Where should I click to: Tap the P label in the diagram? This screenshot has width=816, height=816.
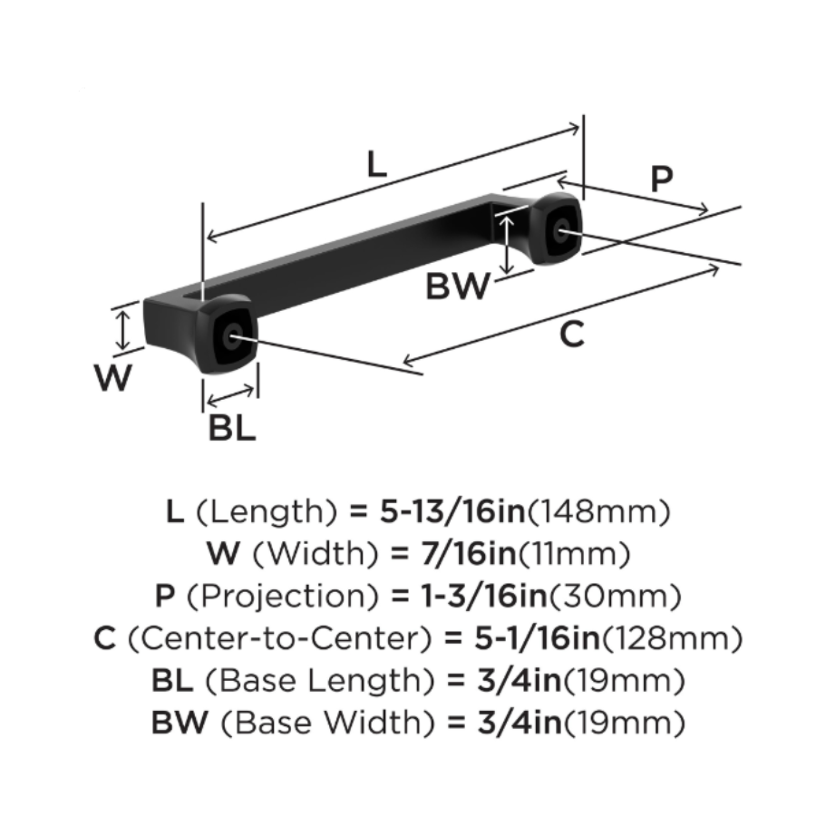tap(662, 179)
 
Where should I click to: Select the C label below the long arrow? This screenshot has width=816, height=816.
tap(571, 335)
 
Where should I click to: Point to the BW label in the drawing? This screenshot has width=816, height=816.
tap(458, 288)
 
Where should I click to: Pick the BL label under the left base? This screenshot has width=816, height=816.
tap(232, 428)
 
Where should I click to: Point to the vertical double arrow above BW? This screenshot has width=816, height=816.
tap(510, 239)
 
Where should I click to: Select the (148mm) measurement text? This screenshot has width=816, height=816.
tap(598, 512)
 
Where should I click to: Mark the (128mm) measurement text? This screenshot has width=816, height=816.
tap(671, 638)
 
